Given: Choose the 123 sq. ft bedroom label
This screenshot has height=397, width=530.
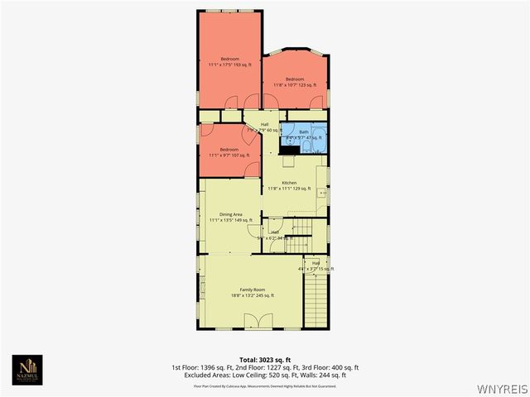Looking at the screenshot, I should [x=296, y=79].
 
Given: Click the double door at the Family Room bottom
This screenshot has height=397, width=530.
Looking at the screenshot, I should [x=263, y=321].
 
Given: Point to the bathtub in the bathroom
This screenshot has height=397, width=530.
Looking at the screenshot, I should [x=291, y=141].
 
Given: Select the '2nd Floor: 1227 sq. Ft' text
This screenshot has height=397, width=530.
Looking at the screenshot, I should [x=266, y=367].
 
